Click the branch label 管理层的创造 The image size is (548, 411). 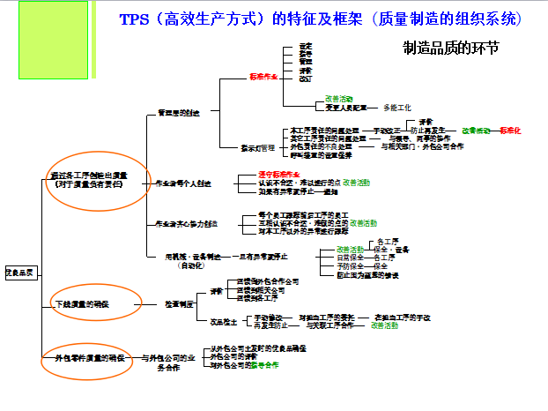tap(178, 113)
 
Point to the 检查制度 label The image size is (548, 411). tap(178, 304)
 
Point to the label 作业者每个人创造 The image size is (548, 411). tap(183, 183)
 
